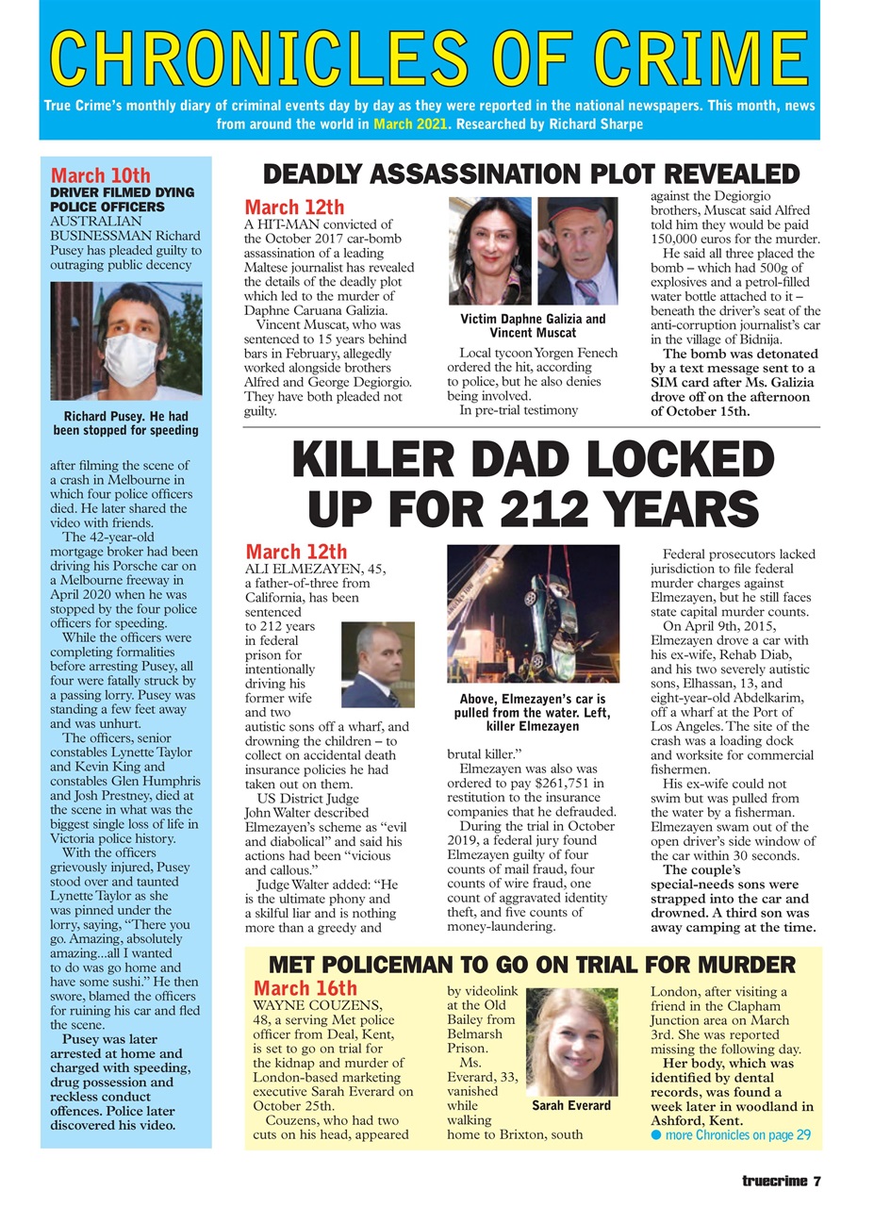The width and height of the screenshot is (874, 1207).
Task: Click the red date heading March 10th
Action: [x=100, y=176]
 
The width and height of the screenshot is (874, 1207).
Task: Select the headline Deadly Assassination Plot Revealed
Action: [x=531, y=174]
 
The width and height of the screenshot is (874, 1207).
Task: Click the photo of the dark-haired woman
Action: [x=490, y=251]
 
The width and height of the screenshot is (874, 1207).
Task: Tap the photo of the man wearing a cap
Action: [x=577, y=251]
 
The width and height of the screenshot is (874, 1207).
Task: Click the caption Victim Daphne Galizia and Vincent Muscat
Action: [x=533, y=326]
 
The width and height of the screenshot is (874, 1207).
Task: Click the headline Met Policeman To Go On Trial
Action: [x=533, y=965]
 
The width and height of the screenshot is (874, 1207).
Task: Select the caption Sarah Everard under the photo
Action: [x=570, y=1104]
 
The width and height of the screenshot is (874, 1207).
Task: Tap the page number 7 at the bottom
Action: [x=818, y=1180]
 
